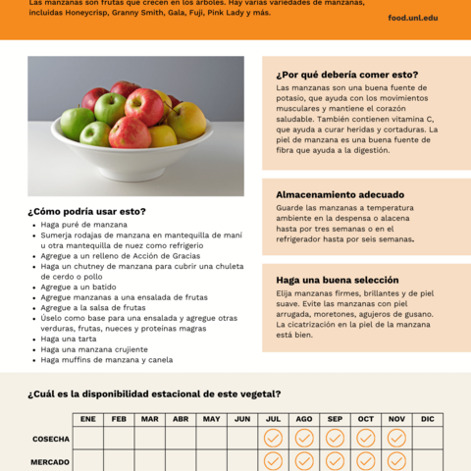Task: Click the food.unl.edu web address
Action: tap(412, 18)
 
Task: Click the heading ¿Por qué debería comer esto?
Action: tap(347, 75)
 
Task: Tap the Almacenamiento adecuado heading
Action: tap(340, 194)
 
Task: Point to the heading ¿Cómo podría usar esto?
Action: tap(86, 211)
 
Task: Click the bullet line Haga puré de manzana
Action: tap(83, 225)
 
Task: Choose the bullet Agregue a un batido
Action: tap(78, 287)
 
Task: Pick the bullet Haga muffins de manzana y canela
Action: tap(106, 359)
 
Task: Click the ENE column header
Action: tap(88, 419)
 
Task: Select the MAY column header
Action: tap(211, 419)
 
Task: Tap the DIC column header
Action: tap(427, 419)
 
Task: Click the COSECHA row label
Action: tap(50, 439)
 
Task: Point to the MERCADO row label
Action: tap(50, 461)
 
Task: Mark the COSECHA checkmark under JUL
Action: tap(273, 438)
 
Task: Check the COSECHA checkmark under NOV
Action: tap(396, 438)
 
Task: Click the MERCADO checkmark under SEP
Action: tap(335, 460)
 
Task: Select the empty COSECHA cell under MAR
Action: tap(149, 438)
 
